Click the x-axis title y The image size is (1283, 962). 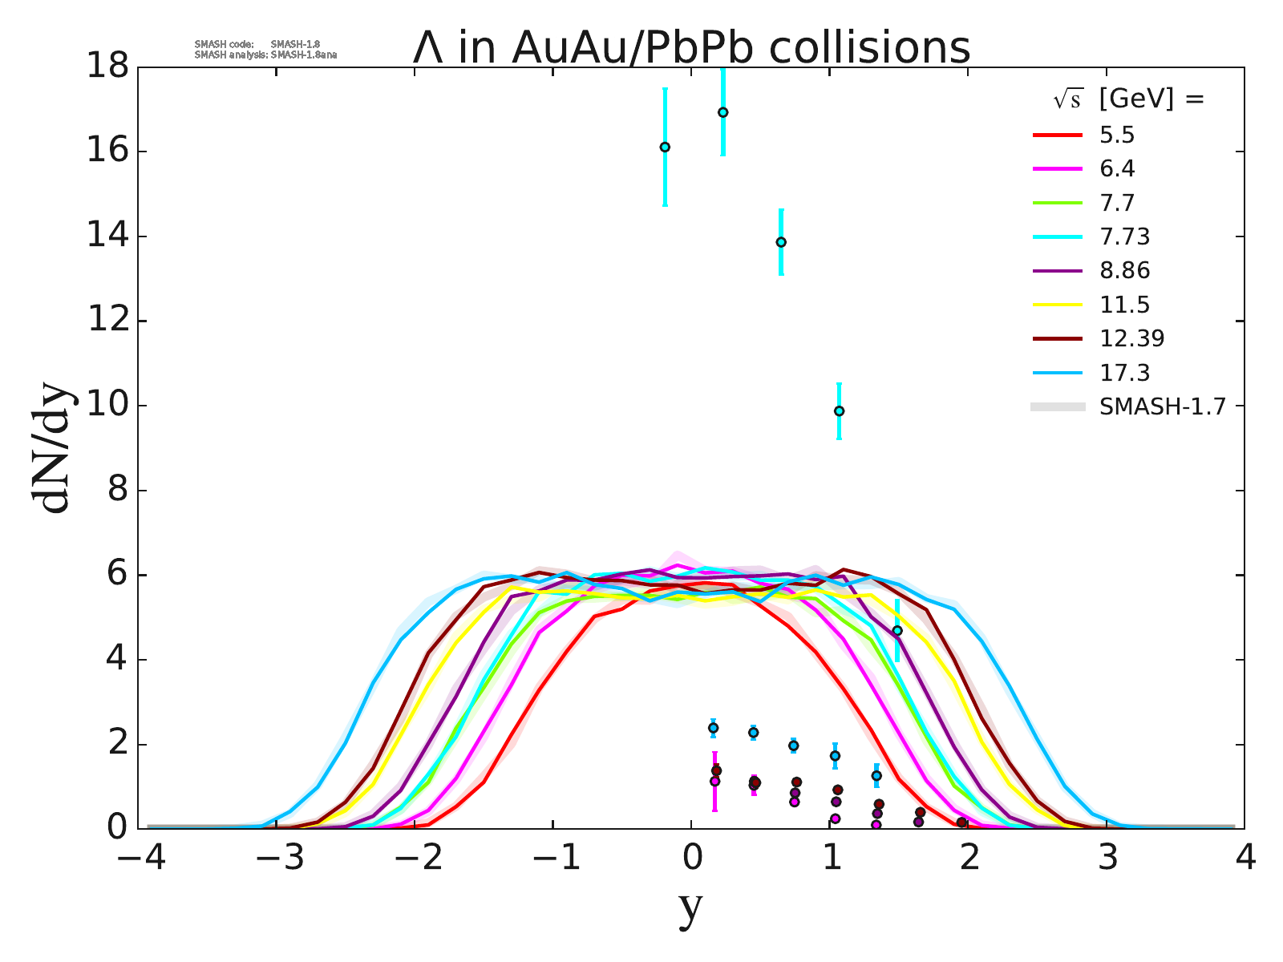click(x=690, y=907)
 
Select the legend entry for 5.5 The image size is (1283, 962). click(x=1117, y=135)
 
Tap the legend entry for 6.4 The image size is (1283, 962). click(x=1117, y=169)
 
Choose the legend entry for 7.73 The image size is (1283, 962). click(x=1124, y=237)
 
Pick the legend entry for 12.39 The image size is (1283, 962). click(x=1131, y=338)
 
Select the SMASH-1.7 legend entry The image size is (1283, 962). click(x=1162, y=407)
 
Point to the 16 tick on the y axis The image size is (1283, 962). click(x=107, y=152)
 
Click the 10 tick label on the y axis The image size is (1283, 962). click(x=107, y=406)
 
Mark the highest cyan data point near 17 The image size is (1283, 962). click(x=722, y=112)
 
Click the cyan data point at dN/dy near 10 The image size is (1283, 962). click(x=839, y=411)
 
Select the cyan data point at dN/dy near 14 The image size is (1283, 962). click(x=781, y=242)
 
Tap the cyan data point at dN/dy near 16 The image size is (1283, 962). click(x=665, y=147)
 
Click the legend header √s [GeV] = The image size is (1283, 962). click(x=1128, y=99)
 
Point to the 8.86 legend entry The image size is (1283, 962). click(x=1124, y=271)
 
